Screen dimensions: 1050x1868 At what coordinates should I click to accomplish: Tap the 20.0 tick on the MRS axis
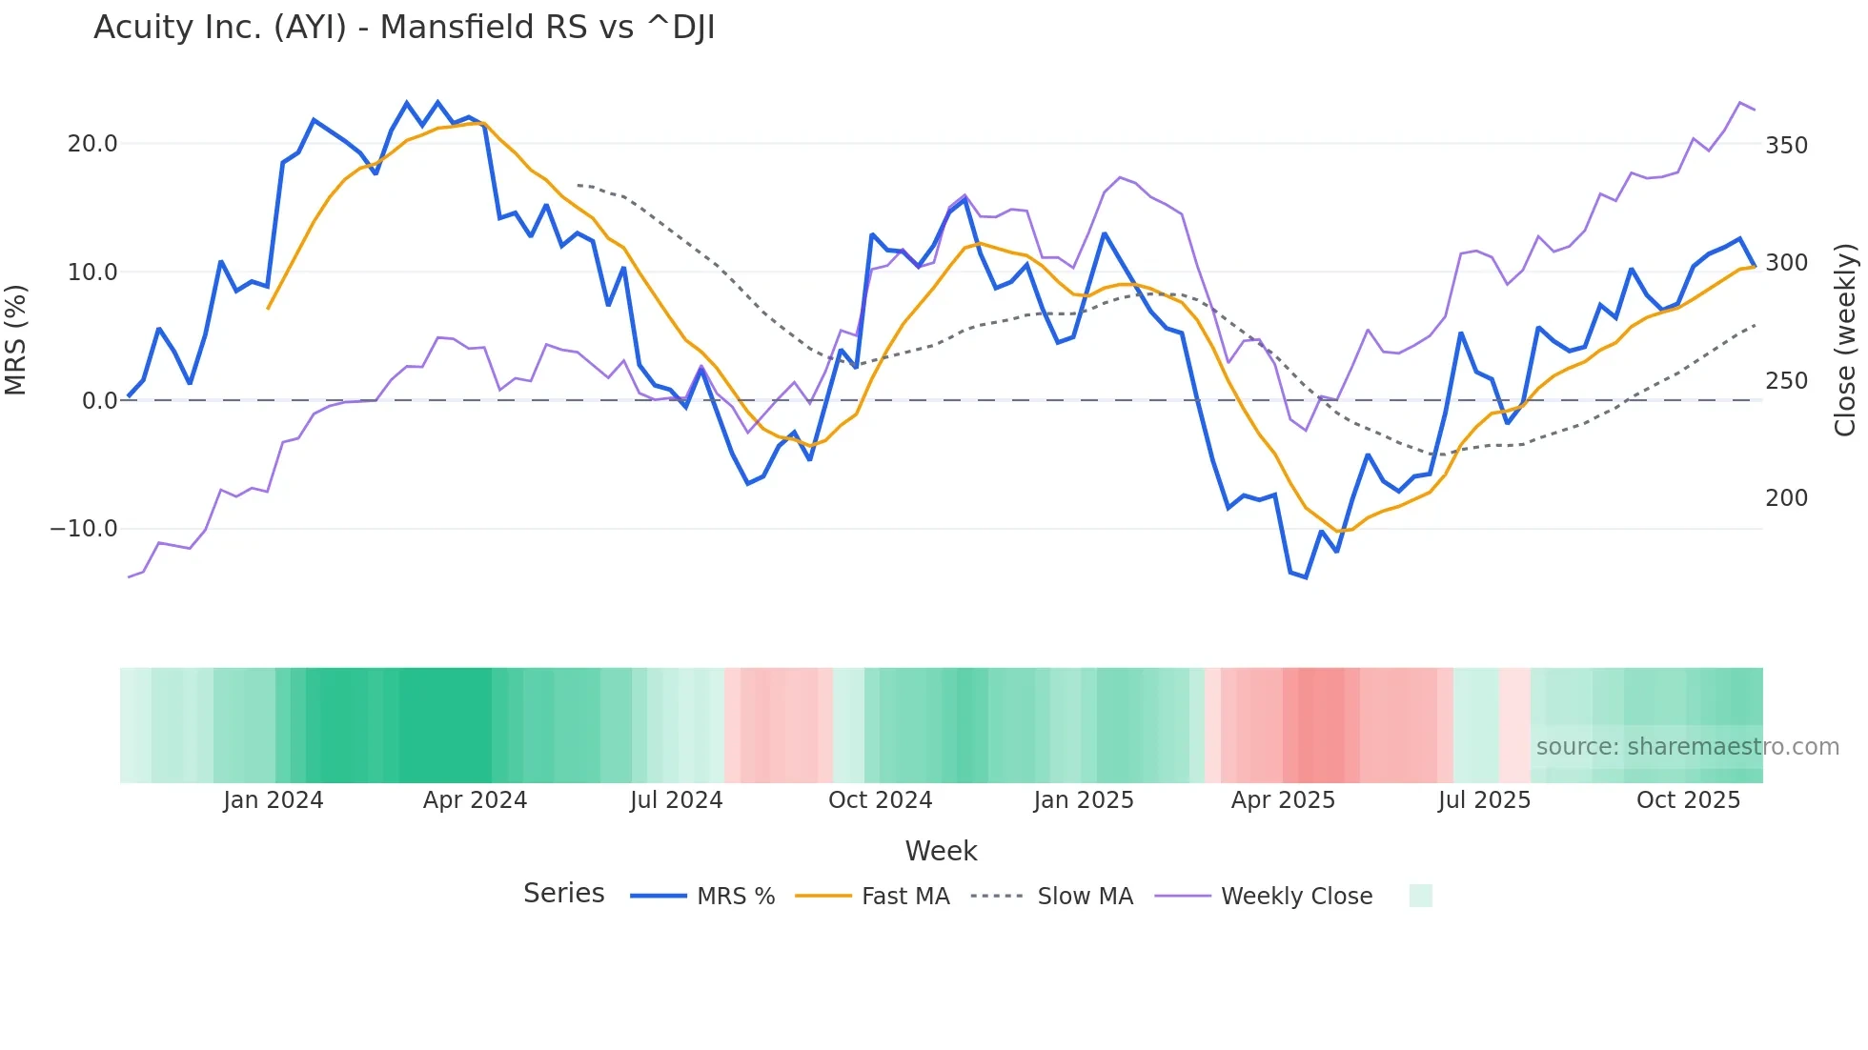coord(92,144)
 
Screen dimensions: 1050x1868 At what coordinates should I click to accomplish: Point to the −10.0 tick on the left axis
coord(84,529)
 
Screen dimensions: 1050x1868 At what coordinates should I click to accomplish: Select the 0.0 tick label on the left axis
coord(99,401)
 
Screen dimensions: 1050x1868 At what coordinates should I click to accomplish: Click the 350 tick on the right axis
coord(1786,146)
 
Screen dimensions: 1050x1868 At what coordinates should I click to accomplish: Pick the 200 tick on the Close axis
coord(1786,498)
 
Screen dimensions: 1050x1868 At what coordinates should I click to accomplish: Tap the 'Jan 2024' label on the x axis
coord(274,800)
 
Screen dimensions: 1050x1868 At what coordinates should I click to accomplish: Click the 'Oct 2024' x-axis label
coord(880,800)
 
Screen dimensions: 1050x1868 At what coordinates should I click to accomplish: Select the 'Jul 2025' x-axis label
coord(1484,800)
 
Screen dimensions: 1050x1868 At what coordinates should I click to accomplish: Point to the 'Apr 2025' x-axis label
coord(1283,800)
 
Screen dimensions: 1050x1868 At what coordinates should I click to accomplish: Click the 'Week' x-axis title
coord(941,851)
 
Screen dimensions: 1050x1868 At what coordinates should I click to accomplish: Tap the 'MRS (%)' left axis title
coord(16,339)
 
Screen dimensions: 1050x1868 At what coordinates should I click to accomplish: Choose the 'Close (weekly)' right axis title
coord(1846,339)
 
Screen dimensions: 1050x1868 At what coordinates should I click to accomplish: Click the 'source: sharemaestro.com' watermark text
coord(1687,747)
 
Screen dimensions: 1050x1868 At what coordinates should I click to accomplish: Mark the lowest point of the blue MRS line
coord(1306,577)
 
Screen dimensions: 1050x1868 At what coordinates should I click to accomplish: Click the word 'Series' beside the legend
coord(563,894)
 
